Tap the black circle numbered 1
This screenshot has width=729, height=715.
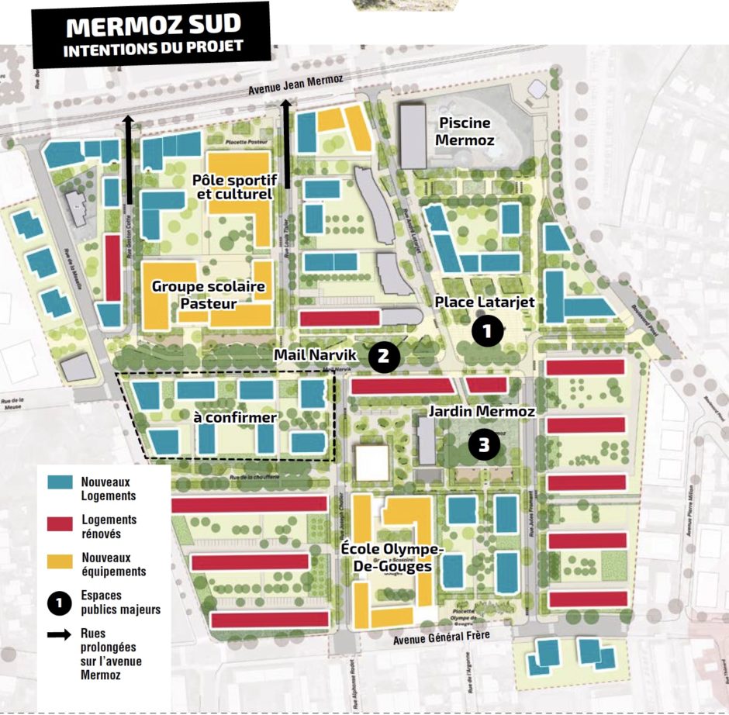(x=485, y=331)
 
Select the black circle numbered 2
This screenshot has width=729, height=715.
(x=384, y=356)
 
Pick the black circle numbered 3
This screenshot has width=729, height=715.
(x=484, y=445)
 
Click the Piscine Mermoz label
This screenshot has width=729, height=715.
(x=465, y=131)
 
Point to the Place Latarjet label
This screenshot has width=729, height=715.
(x=485, y=302)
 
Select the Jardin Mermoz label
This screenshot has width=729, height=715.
(x=482, y=412)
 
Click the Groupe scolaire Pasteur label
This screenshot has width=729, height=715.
(x=208, y=295)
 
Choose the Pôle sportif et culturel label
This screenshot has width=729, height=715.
(x=234, y=187)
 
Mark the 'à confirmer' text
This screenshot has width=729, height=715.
(x=225, y=418)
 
